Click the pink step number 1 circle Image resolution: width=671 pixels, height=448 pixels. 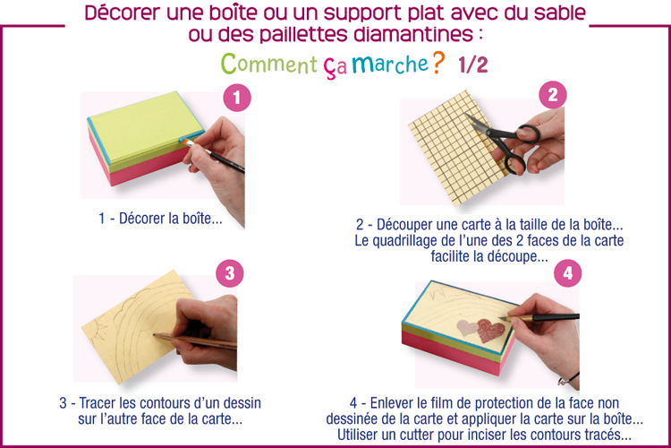(237, 98)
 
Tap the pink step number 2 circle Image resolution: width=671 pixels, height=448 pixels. (553, 95)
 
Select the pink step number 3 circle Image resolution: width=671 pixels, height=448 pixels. (230, 273)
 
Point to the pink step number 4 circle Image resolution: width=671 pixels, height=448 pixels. (567, 273)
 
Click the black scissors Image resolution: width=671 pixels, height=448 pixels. (505, 142)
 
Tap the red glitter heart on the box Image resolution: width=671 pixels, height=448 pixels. (490, 330)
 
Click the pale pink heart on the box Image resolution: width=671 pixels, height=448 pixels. (467, 328)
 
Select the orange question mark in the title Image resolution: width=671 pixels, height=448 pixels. (438, 63)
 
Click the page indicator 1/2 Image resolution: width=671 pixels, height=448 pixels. (473, 65)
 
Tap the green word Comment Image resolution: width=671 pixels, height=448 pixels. (268, 64)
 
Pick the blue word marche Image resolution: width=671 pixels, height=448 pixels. (390, 64)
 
